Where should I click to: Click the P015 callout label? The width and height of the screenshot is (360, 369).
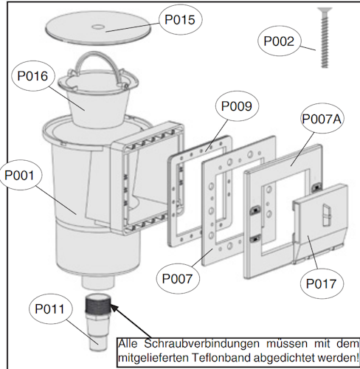pyautogui.click(x=179, y=20)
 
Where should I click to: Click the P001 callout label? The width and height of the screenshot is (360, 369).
pyautogui.click(x=24, y=176)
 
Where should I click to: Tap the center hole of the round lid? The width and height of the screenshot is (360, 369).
pyautogui.click(x=98, y=29)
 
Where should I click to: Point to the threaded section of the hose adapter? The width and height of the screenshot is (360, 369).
pyautogui.click(x=99, y=304)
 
